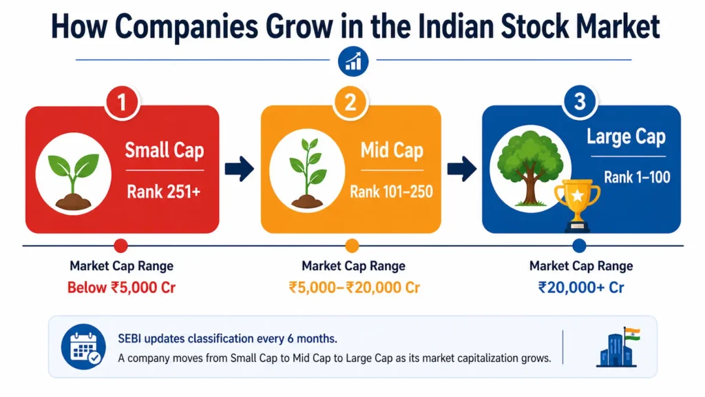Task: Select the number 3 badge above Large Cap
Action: coord(580,103)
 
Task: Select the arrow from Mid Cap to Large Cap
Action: coord(462,170)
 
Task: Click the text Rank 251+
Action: coord(163,192)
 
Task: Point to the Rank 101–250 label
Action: coord(391,192)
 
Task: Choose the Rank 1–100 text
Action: coord(637,177)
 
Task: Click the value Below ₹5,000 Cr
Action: coord(122,287)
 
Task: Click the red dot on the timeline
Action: coord(121,246)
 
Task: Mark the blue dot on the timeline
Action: coord(579,246)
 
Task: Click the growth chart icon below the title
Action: coord(354,61)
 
